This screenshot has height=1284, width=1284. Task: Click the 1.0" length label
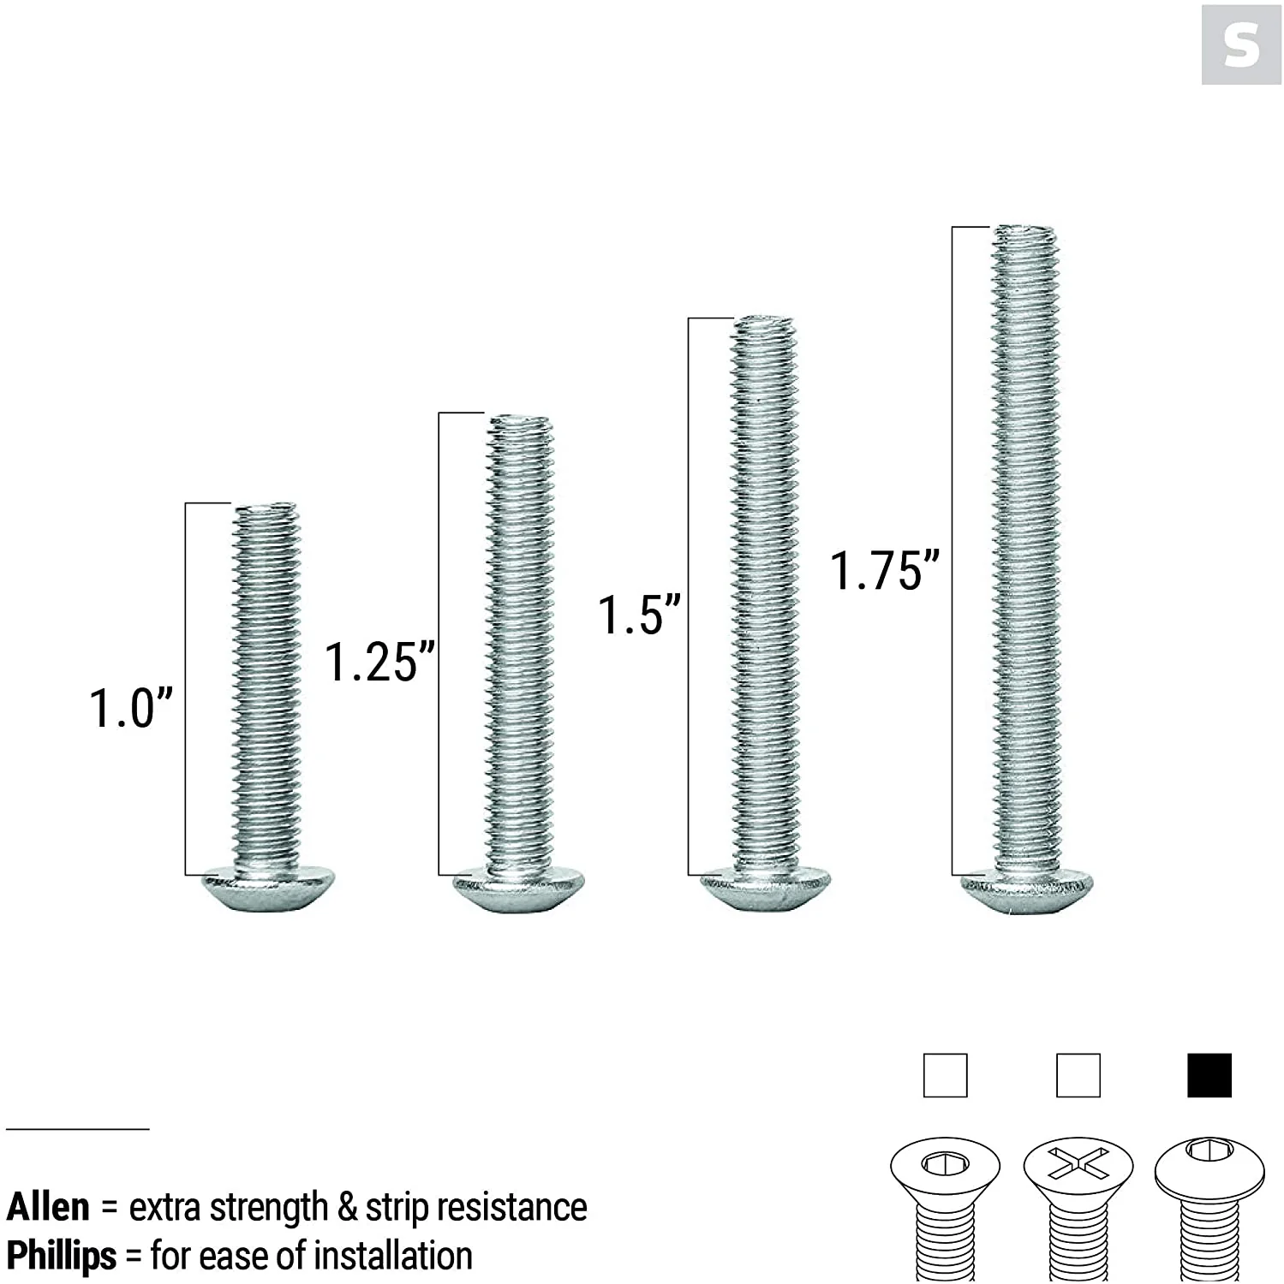click(x=131, y=708)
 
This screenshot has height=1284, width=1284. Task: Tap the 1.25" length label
click(x=379, y=662)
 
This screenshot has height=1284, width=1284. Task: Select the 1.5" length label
click(x=639, y=615)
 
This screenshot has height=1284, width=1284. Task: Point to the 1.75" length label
click(x=885, y=570)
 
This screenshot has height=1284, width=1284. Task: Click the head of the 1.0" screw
click(x=267, y=890)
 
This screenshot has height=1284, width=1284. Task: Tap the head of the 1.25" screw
click(x=519, y=890)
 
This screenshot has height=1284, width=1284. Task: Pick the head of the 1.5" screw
click(x=766, y=890)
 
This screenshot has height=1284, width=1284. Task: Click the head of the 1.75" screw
click(x=1028, y=892)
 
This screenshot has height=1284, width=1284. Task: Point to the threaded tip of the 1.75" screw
click(x=1025, y=234)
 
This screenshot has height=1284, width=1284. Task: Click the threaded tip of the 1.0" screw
click(x=266, y=511)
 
